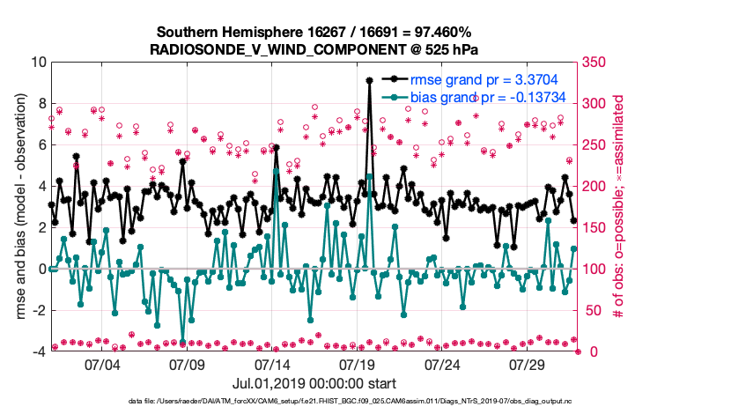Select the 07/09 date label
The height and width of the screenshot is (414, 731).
188,365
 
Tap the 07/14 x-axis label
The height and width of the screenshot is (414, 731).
273,365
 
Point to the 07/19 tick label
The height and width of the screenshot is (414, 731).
358,365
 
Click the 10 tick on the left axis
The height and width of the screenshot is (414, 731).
38,63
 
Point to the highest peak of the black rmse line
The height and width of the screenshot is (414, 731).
369,80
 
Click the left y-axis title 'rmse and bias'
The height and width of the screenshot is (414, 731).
18,207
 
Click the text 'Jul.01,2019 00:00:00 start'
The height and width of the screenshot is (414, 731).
314,383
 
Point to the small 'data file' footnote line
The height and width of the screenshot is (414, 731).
314,402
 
